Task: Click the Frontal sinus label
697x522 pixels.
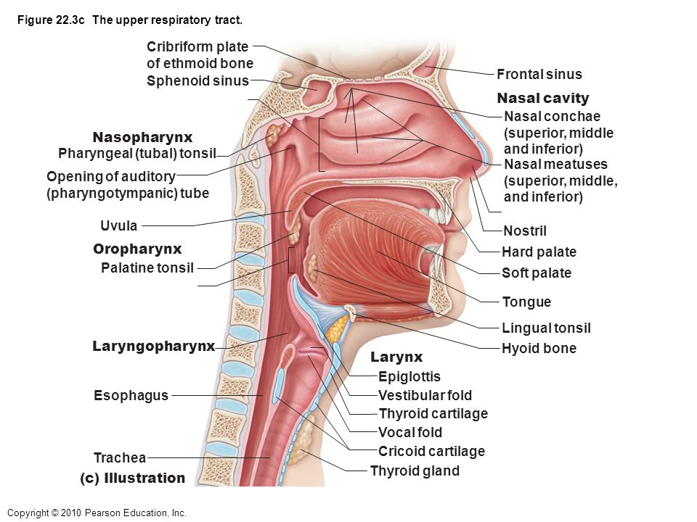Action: tap(539, 74)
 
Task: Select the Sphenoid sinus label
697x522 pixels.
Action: tap(197, 80)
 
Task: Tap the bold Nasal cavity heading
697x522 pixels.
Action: tap(543, 98)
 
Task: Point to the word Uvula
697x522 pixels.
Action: tap(118, 225)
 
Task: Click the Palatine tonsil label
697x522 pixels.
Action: tap(147, 268)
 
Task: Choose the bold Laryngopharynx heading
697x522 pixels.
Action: tap(154, 347)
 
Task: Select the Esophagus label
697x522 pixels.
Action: tap(131, 395)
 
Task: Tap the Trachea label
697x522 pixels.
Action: tap(120, 457)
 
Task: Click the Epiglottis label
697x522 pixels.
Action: tap(409, 376)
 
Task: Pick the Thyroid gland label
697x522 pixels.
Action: tap(415, 471)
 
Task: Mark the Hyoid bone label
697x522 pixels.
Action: tap(539, 348)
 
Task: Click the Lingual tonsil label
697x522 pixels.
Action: tap(546, 328)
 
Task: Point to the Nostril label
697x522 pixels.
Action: tap(525, 231)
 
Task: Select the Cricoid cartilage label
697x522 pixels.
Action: tap(431, 451)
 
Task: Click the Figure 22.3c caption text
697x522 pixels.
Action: tap(130, 20)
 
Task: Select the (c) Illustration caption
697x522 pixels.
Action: tap(132, 478)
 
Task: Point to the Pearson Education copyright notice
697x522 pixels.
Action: tap(97, 513)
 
